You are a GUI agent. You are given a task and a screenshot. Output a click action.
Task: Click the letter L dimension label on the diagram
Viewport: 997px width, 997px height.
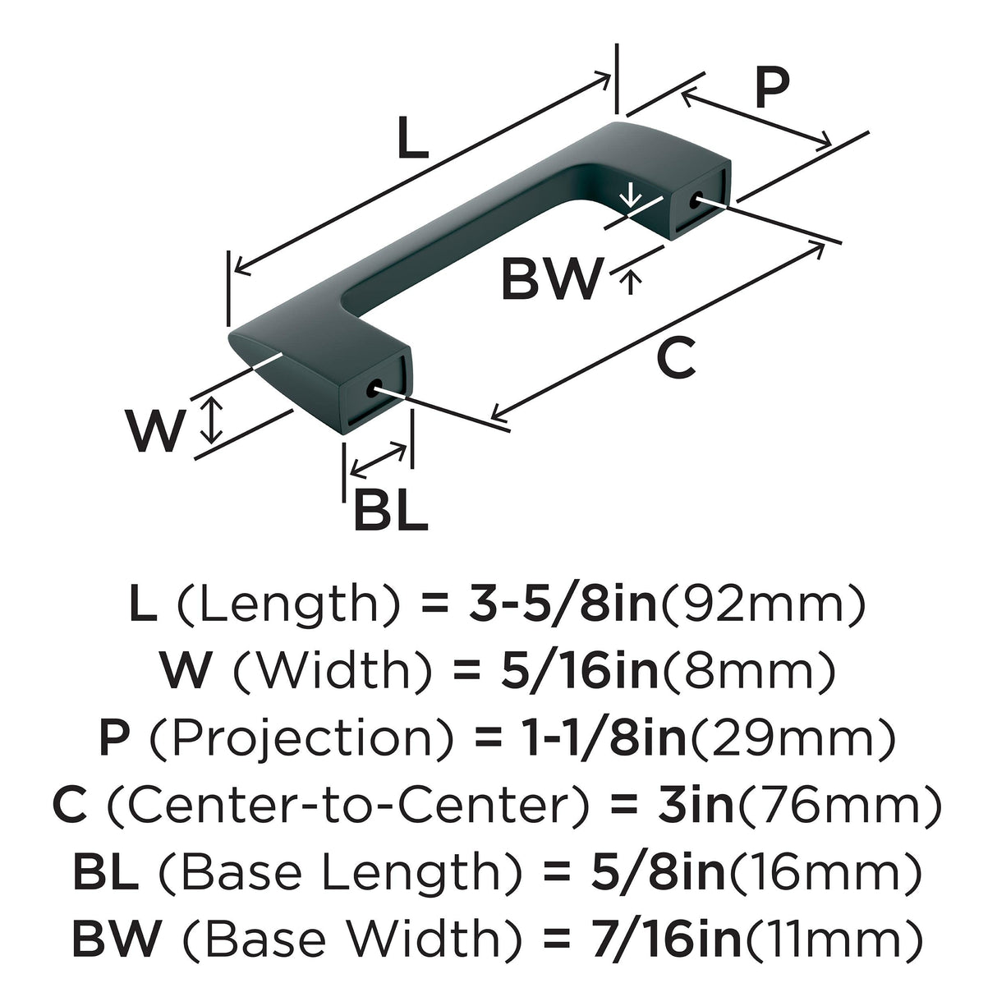(413, 137)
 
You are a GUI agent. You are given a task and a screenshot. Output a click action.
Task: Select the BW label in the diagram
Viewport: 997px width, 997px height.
(553, 279)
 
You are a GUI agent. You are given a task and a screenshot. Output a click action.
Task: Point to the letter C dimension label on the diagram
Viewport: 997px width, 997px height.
(676, 356)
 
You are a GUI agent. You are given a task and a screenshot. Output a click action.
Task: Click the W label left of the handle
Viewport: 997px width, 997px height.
(155, 430)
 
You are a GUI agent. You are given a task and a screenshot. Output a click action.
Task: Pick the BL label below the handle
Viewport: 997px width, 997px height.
(391, 510)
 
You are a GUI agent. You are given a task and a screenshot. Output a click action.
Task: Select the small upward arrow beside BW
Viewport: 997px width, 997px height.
(630, 282)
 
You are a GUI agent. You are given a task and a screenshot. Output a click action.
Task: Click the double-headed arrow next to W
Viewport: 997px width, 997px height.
(211, 420)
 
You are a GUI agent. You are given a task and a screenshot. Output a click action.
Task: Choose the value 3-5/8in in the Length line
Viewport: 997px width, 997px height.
(563, 604)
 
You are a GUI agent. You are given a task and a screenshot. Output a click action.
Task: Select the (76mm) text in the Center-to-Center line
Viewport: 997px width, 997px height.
(838, 805)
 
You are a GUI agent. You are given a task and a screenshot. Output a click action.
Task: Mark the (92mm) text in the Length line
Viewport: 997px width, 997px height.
(763, 604)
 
